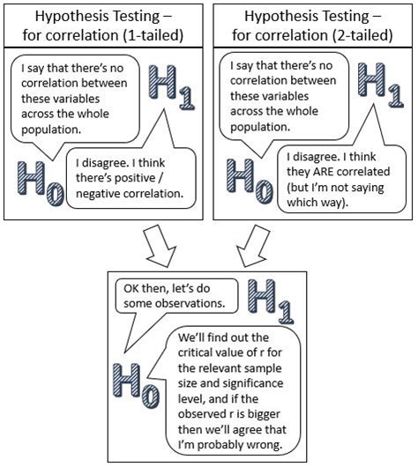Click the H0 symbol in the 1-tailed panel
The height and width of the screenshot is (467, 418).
coord(40,182)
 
